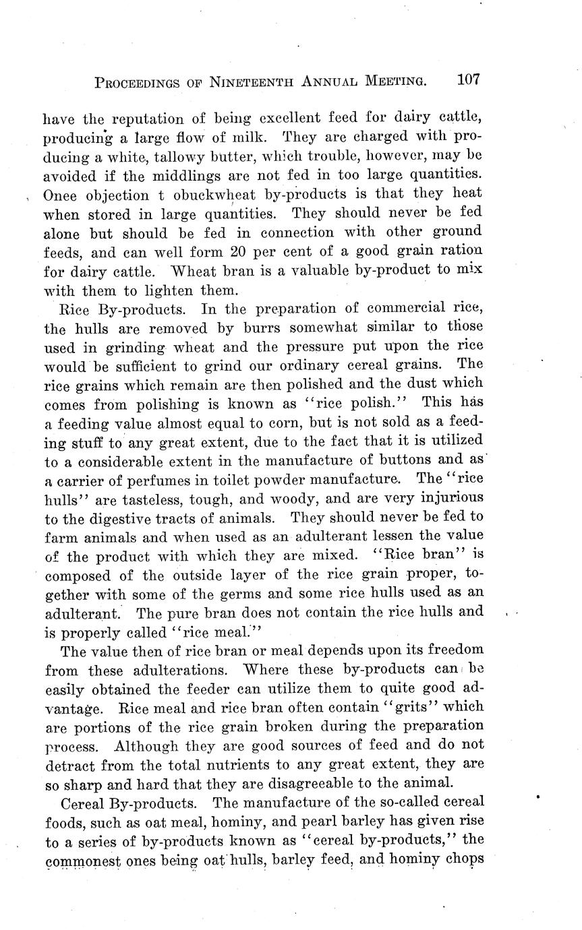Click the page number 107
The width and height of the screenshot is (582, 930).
[468, 80]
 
